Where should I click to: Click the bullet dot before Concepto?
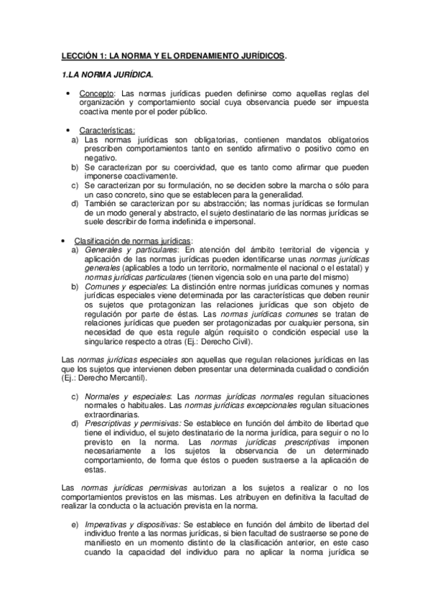coord(67,94)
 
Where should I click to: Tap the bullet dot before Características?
coord(67,130)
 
